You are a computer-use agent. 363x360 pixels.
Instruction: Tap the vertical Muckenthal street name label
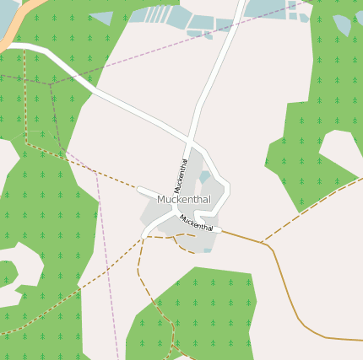click(x=181, y=175)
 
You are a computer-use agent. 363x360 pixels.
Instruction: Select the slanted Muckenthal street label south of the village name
click(x=196, y=223)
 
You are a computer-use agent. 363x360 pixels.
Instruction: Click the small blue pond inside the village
click(x=204, y=177)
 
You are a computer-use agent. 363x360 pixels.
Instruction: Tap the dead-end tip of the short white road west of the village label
click(x=139, y=190)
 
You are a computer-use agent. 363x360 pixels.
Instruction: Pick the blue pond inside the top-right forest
click(x=342, y=25)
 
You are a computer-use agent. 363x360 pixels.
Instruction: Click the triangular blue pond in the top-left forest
click(x=102, y=18)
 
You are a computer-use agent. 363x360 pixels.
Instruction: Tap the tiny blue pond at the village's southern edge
click(x=207, y=250)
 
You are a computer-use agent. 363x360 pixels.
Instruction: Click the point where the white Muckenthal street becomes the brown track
click(x=221, y=229)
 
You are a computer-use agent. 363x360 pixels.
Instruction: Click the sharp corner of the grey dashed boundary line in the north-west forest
click(x=50, y=83)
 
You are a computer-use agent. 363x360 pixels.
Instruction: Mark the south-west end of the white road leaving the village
click(x=146, y=231)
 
